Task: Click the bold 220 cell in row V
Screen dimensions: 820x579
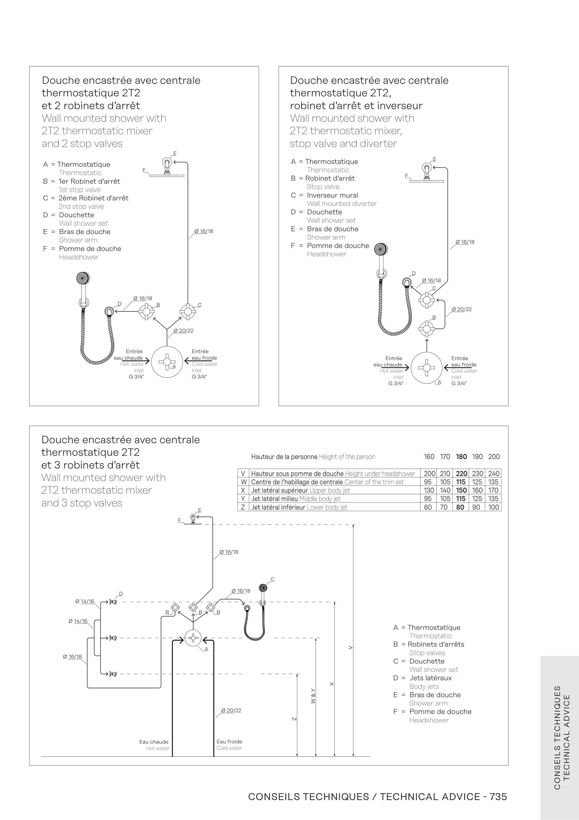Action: point(461,474)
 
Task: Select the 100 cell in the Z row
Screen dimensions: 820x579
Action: point(493,507)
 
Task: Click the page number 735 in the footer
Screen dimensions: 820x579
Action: point(498,797)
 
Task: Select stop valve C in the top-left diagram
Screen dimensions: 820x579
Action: point(187,311)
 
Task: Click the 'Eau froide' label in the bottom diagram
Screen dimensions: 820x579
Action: point(229,742)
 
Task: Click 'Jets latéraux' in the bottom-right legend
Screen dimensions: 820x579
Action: point(430,678)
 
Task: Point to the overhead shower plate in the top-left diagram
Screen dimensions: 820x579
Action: point(166,175)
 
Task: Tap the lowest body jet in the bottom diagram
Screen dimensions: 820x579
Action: point(113,674)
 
